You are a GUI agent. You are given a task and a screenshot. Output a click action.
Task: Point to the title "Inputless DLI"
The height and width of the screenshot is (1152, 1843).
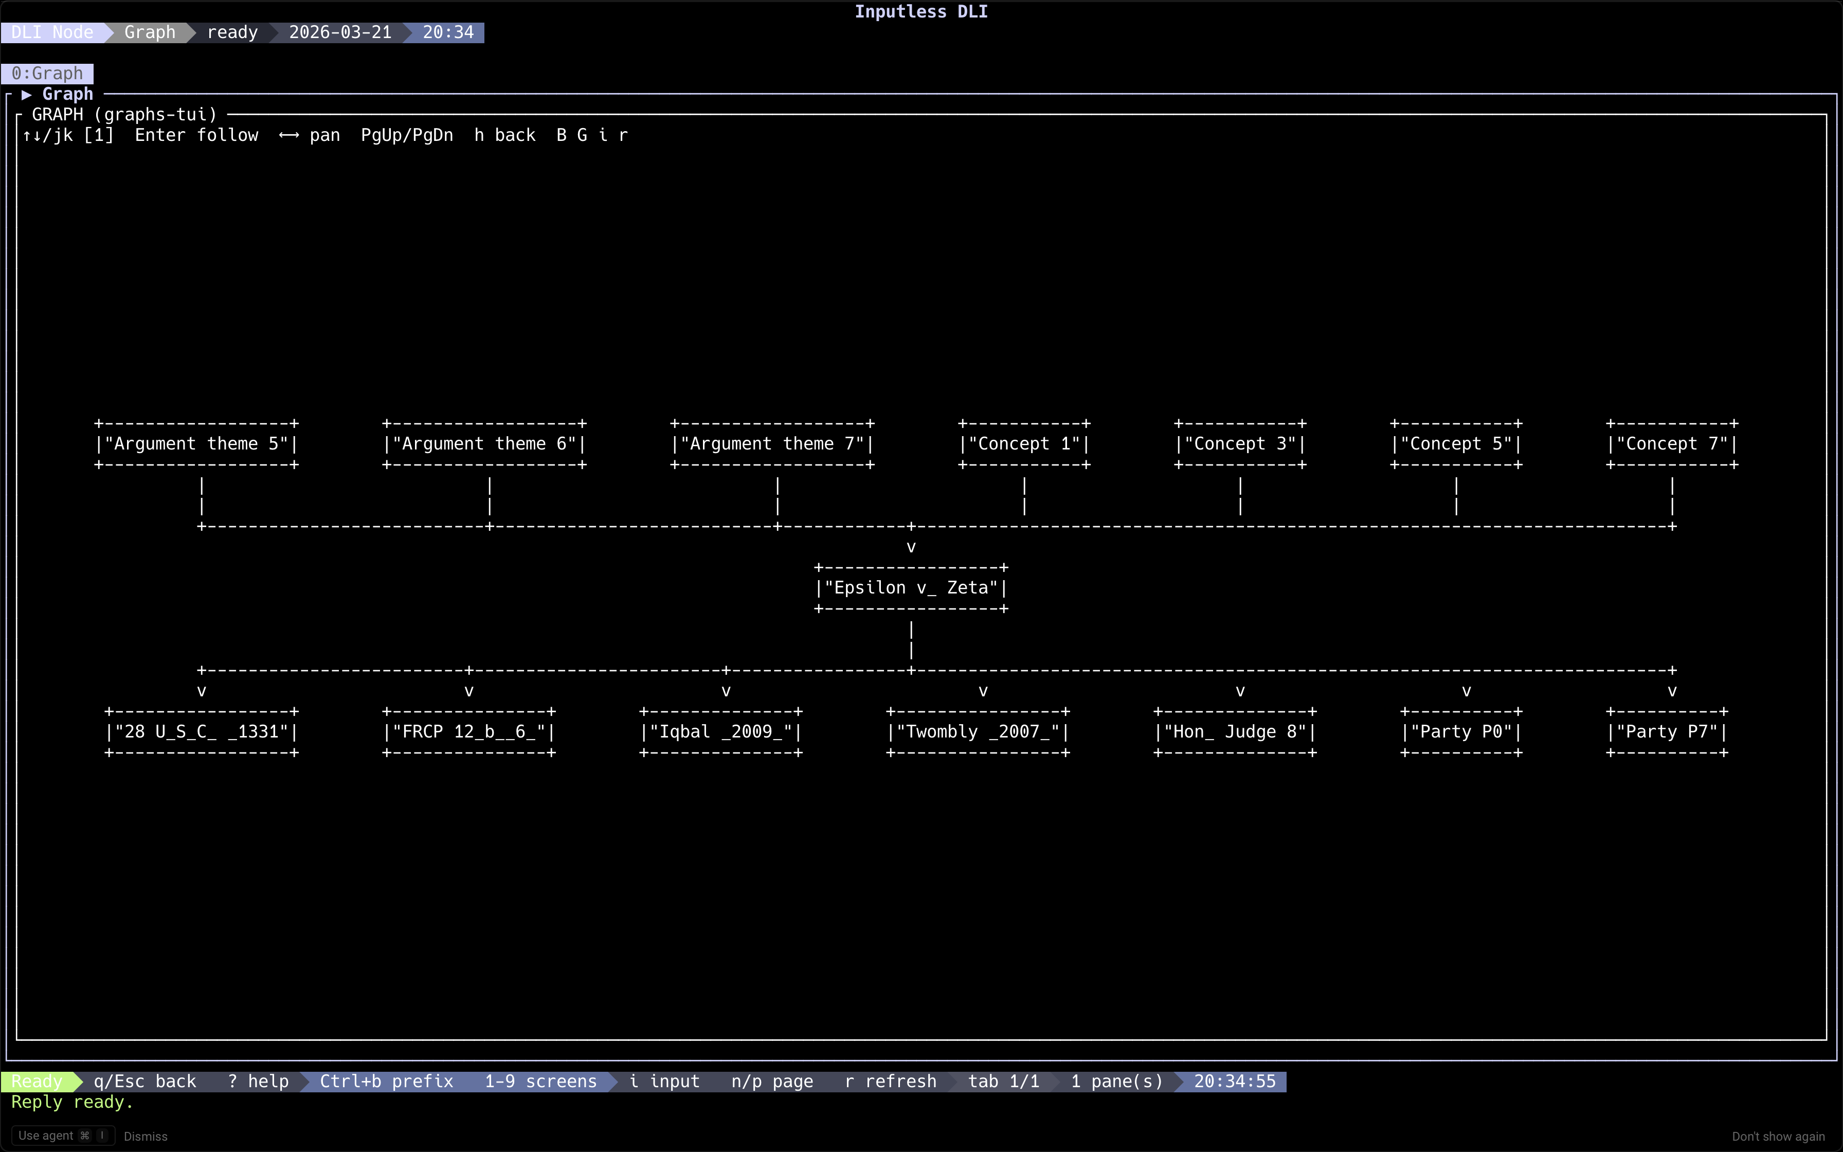tap(921, 11)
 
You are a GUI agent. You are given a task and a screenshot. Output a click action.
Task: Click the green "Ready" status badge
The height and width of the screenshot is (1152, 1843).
tap(37, 1081)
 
